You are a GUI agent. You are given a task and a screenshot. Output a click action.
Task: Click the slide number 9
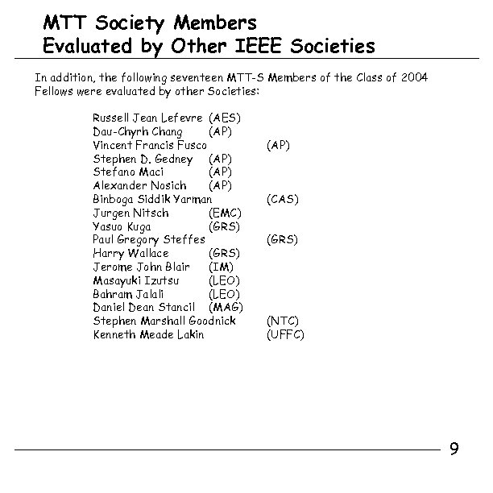454,449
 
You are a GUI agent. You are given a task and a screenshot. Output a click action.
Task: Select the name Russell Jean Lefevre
148,118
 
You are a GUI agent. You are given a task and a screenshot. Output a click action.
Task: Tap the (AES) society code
225,118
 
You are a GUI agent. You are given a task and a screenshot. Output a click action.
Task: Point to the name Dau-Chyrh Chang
138,131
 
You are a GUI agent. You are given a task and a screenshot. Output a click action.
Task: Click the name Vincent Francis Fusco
150,145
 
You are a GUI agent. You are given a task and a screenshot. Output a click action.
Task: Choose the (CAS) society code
282,199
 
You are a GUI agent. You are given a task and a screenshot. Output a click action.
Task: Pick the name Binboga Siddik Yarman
152,199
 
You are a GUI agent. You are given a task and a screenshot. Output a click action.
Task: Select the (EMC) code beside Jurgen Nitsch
225,213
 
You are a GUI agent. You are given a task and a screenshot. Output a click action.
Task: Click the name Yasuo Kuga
122,226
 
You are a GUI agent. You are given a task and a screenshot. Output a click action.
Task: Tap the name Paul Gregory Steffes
149,240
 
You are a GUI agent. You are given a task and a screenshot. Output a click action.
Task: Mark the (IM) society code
221,267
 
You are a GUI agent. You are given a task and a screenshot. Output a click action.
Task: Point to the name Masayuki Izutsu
136,280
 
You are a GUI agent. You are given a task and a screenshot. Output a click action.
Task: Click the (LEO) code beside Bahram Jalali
224,294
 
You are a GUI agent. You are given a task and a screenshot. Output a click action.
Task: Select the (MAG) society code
226,308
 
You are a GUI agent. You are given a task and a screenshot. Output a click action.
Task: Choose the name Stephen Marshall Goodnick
164,321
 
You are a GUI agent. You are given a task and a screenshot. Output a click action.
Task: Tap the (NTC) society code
282,321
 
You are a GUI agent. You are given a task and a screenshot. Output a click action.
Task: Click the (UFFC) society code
285,334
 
